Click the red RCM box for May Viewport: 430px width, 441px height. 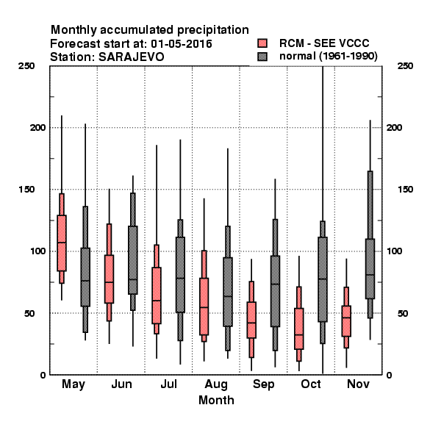[62, 243]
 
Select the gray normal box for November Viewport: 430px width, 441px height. [370, 268]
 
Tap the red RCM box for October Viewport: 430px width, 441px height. [299, 329]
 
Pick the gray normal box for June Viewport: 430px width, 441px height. [133, 260]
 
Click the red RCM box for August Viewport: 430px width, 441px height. [204, 306]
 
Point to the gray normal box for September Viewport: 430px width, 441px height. [276, 291]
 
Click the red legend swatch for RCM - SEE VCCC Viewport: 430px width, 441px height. [262, 43]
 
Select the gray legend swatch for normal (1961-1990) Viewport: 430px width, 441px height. [262, 57]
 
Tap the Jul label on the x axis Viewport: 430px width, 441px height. [169, 384]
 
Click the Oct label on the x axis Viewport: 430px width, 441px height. [311, 384]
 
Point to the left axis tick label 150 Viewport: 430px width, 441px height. [26, 190]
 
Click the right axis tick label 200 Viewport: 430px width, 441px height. [394, 127]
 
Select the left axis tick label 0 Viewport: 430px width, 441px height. [43, 375]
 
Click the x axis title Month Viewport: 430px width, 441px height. [216, 400]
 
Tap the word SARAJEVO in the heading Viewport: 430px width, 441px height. [131, 57]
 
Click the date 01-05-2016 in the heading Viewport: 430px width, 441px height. [182, 44]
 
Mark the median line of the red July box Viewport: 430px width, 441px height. [157, 301]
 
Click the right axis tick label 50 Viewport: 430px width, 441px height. [403, 313]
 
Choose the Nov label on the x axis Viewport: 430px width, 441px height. [358, 384]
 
